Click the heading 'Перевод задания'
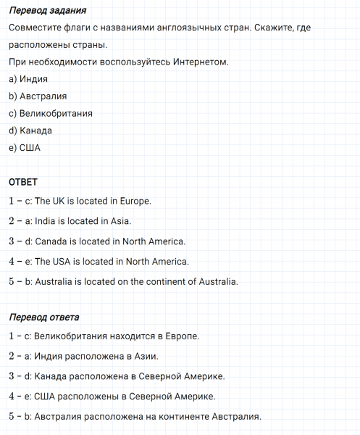click(48, 11)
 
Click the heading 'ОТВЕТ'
click(22, 181)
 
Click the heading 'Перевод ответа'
click(44, 317)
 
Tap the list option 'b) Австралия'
click(38, 96)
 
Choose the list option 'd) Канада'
click(30, 131)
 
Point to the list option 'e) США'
click(25, 149)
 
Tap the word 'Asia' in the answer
click(120, 221)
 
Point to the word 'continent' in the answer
click(154, 281)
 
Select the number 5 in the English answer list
click(12, 281)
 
